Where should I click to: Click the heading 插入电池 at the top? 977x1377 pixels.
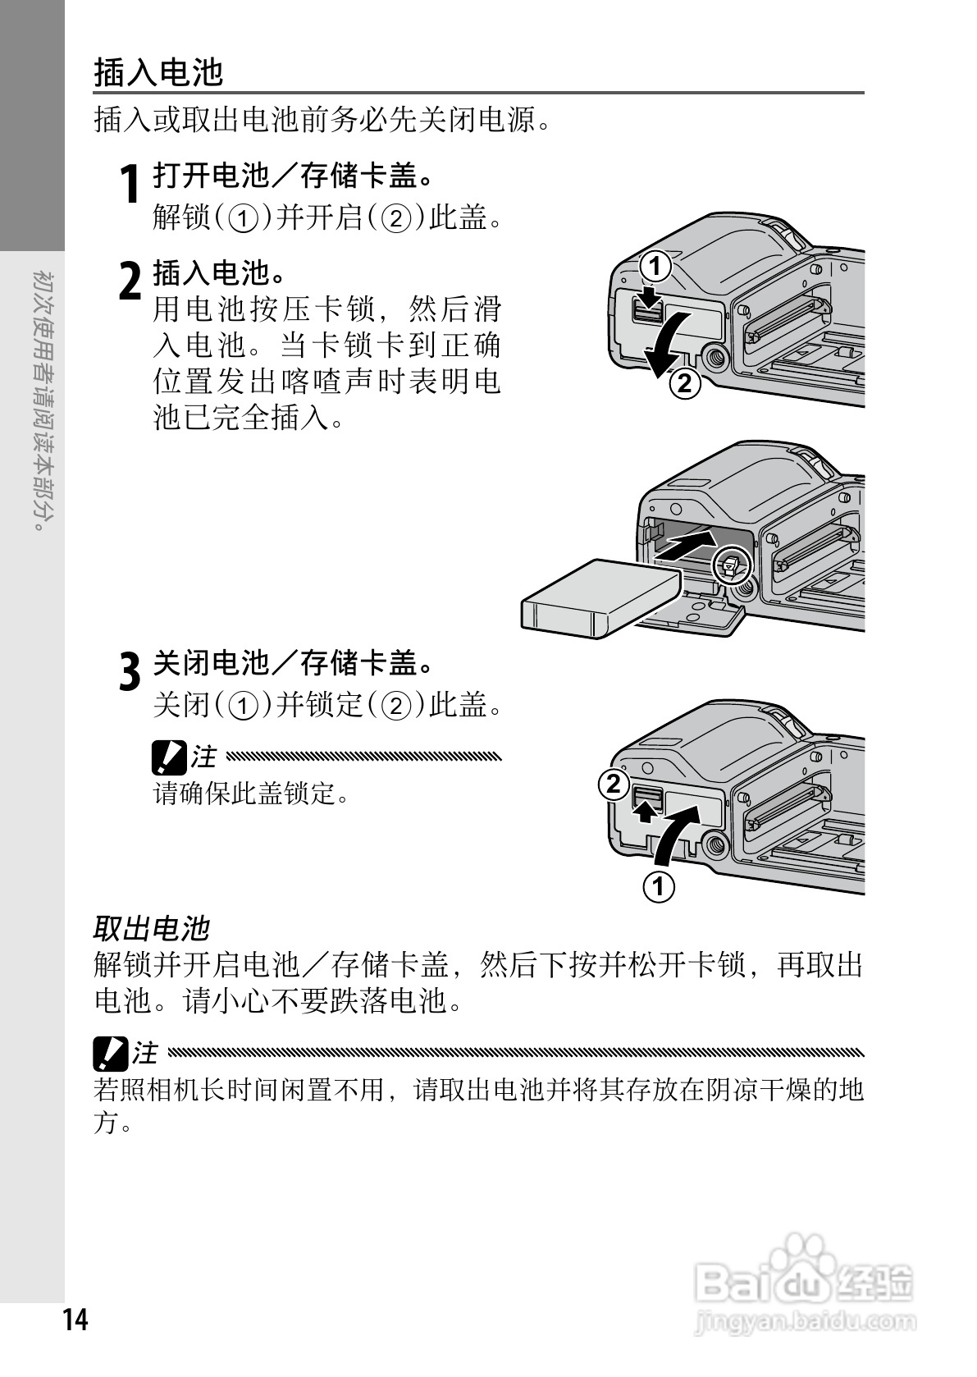(x=158, y=72)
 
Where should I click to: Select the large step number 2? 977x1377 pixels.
(x=130, y=281)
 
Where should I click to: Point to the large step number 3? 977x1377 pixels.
(x=130, y=671)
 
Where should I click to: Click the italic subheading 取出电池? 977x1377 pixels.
(x=151, y=928)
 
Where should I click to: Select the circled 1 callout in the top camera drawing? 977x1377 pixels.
(x=655, y=266)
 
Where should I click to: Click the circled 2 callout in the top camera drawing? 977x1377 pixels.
(x=684, y=383)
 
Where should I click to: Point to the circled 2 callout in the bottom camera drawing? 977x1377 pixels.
(x=614, y=785)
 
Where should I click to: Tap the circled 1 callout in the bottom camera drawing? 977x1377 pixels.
(x=659, y=887)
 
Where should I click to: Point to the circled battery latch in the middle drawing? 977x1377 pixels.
(x=732, y=564)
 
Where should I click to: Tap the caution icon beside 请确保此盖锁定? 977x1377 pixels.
(x=169, y=757)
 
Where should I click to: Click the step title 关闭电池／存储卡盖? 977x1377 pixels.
(x=293, y=663)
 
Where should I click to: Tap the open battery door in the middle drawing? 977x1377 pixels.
(x=692, y=615)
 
